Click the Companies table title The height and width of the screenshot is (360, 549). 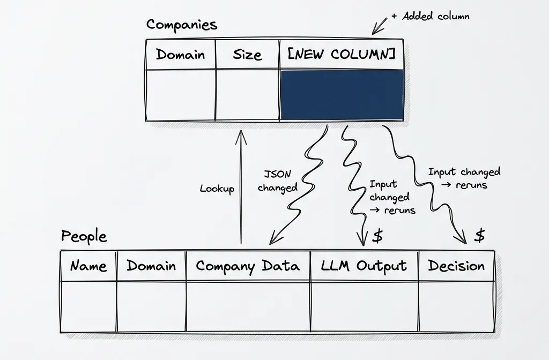pyautogui.click(x=182, y=25)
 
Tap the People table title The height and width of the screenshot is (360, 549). pyautogui.click(x=84, y=236)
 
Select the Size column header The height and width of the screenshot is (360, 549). pyautogui.click(x=247, y=54)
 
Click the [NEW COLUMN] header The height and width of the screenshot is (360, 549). pyautogui.click(x=342, y=54)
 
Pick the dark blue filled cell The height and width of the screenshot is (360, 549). pyautogui.click(x=342, y=95)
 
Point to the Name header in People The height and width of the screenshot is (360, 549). pyautogui.click(x=88, y=266)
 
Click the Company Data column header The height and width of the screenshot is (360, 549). pyautogui.click(x=248, y=266)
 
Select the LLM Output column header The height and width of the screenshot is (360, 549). pyautogui.click(x=364, y=266)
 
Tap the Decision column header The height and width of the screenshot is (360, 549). pyautogui.click(x=456, y=266)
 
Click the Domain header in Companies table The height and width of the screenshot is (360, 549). pyautogui.click(x=180, y=54)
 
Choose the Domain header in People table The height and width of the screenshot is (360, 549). pyautogui.click(x=151, y=266)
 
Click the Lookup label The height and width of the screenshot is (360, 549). pyautogui.click(x=217, y=189)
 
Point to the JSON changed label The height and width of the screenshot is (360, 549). pyautogui.click(x=277, y=181)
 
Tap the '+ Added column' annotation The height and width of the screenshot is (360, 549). pyautogui.click(x=430, y=16)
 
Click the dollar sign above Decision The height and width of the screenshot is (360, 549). pyautogui.click(x=480, y=235)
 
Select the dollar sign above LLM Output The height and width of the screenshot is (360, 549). pyautogui.click(x=377, y=236)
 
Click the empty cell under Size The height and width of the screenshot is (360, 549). pyautogui.click(x=247, y=95)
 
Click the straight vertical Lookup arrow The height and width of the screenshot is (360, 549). pyautogui.click(x=241, y=187)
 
